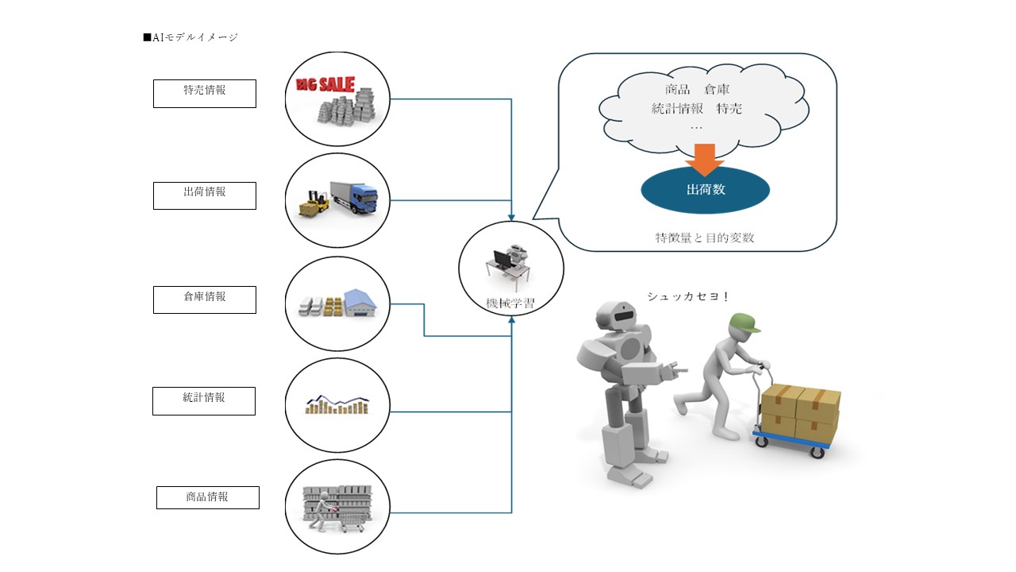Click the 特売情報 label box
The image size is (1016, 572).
[205, 93]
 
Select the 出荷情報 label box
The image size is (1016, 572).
[205, 195]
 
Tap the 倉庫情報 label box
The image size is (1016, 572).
[205, 300]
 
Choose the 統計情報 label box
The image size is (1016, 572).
[204, 400]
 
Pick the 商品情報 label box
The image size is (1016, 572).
[208, 497]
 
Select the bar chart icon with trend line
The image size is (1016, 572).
[337, 404]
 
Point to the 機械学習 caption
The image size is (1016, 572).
[510, 303]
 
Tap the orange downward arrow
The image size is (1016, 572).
[704, 160]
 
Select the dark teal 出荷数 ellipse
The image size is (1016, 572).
[705, 191]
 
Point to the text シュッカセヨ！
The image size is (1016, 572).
[687, 297]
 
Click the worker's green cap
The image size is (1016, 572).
[744, 322]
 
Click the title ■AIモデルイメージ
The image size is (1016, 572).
[190, 37]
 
